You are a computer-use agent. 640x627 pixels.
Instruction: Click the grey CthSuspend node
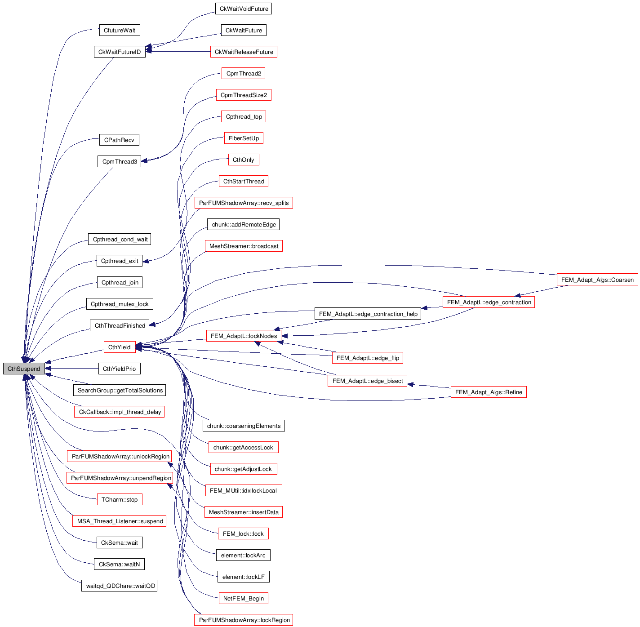coord(24,369)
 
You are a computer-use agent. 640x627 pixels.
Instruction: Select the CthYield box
coord(119,347)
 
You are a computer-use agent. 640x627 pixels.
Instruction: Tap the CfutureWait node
coord(119,30)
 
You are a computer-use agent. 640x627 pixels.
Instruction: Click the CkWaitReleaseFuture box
coord(244,52)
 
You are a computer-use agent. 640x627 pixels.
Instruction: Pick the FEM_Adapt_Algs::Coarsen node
coord(597,280)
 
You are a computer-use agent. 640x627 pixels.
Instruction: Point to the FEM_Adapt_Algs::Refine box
coord(488,392)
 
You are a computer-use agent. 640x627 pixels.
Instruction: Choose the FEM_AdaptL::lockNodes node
coord(244,336)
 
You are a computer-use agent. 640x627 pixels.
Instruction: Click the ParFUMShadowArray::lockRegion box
coord(244,620)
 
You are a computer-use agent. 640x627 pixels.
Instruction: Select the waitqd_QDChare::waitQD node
coord(119,586)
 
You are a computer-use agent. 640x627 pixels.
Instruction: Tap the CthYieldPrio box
coord(119,369)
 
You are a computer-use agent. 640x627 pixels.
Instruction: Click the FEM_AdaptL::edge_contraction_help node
coord(368,314)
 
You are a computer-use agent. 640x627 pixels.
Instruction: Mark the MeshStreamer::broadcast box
coord(244,246)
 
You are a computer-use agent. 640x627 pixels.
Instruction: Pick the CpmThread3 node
coord(119,161)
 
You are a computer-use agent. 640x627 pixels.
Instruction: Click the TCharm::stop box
coord(119,499)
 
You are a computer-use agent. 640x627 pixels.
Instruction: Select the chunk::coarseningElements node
coord(244,426)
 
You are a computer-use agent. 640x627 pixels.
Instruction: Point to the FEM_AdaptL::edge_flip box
coord(368,358)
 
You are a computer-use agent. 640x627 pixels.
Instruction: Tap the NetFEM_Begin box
coord(243,598)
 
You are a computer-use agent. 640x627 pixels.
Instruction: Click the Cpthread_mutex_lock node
coord(119,304)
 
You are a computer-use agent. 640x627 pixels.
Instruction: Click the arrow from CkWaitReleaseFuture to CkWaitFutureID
coord(180,52)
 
